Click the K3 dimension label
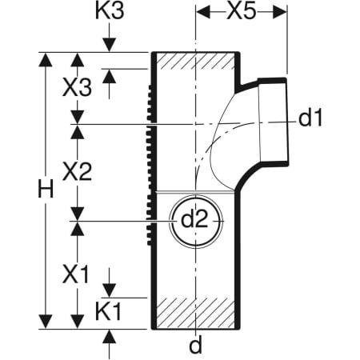click(110, 10)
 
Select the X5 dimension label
click(242, 11)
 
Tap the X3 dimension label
click(77, 87)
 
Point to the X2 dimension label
click(77, 172)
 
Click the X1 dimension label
click(75, 274)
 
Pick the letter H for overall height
click(46, 189)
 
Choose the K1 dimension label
click(109, 312)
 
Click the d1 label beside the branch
click(310, 118)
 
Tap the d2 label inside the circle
click(194, 220)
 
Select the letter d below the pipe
click(196, 346)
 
